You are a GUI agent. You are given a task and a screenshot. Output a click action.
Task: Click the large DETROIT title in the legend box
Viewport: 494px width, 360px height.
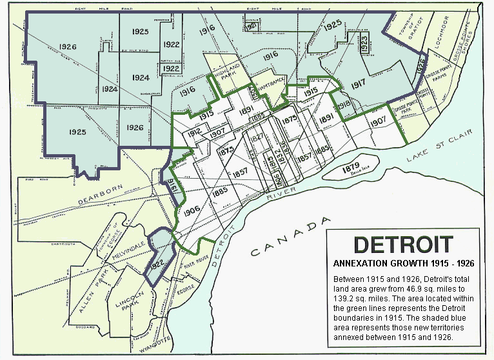(x=403, y=245)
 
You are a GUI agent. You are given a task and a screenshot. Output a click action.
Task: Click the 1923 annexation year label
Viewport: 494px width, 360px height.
(x=364, y=44)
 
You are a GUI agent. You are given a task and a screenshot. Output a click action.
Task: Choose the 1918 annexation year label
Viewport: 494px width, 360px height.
(x=344, y=105)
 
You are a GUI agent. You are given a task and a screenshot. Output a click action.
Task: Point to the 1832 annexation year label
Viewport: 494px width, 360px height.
(x=282, y=154)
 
